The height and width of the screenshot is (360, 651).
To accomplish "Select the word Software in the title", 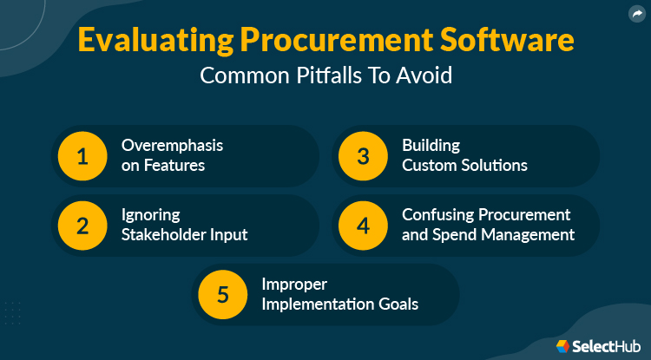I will [x=510, y=42].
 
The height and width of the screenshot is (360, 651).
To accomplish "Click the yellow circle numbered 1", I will [x=82, y=156].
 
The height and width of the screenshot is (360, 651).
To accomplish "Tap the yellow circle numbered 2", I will [x=82, y=225].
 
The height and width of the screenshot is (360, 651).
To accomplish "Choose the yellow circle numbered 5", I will [x=223, y=294].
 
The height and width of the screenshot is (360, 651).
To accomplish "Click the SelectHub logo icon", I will [x=563, y=345].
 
